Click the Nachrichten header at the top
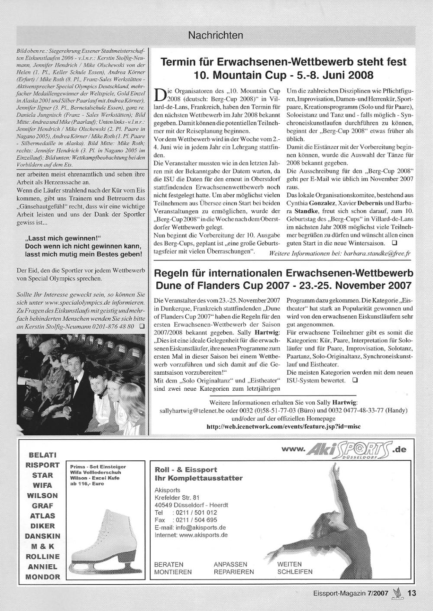coord(215,35)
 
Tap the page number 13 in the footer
coord(412,594)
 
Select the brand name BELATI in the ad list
coord(42,455)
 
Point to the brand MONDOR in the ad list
coord(42,577)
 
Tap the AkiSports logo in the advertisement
coord(345,451)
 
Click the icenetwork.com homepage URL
coord(283,426)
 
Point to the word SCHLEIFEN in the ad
coord(295,572)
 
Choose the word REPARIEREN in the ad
coord(234,572)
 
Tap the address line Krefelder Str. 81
coord(177,497)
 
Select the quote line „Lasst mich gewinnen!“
coord(63,238)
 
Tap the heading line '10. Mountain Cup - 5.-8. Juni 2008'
coord(284,75)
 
